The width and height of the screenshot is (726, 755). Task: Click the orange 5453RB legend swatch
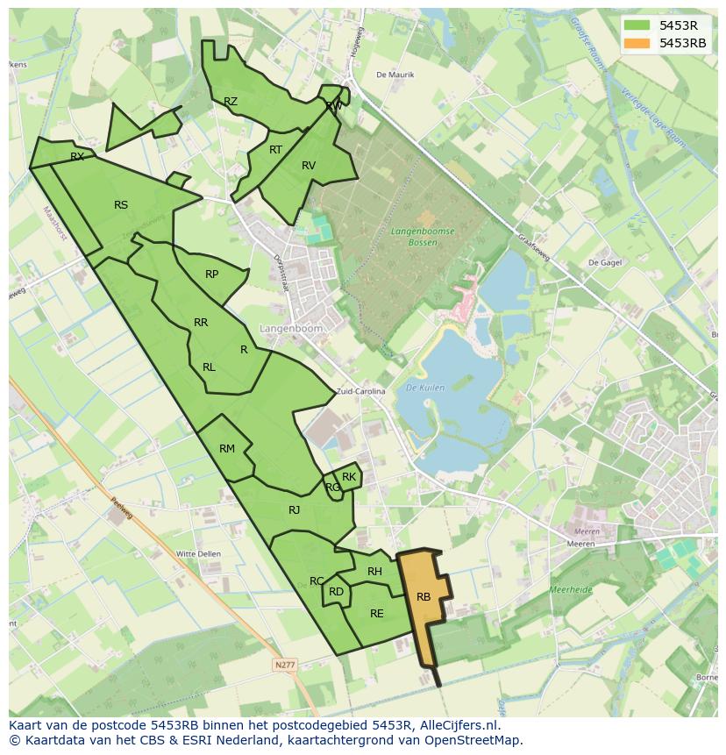(x=637, y=43)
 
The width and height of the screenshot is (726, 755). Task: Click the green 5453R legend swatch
(x=637, y=25)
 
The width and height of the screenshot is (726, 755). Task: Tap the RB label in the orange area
(x=423, y=597)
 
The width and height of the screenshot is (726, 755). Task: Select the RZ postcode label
(x=231, y=102)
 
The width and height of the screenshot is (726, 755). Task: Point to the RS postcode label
(x=121, y=205)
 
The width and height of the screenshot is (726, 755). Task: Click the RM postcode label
(x=227, y=449)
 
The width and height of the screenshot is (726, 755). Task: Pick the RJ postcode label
(x=295, y=510)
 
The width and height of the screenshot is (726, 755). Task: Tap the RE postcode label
(x=377, y=614)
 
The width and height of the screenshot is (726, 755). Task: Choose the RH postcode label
(x=374, y=572)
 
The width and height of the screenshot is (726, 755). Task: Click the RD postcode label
(x=337, y=592)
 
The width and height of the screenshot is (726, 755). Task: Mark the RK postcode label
(x=349, y=477)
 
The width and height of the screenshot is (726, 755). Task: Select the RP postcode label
(x=211, y=274)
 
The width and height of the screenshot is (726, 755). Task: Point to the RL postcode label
(x=209, y=367)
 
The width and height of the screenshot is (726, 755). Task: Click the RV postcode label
(x=309, y=166)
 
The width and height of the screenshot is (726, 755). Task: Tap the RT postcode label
(x=275, y=150)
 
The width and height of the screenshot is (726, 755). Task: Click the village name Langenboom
(x=291, y=329)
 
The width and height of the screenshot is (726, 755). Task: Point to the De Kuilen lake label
(x=426, y=388)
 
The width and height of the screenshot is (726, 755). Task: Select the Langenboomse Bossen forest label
(x=423, y=236)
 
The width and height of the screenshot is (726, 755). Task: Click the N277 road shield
(x=285, y=666)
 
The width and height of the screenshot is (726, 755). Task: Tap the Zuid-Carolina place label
(x=360, y=392)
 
